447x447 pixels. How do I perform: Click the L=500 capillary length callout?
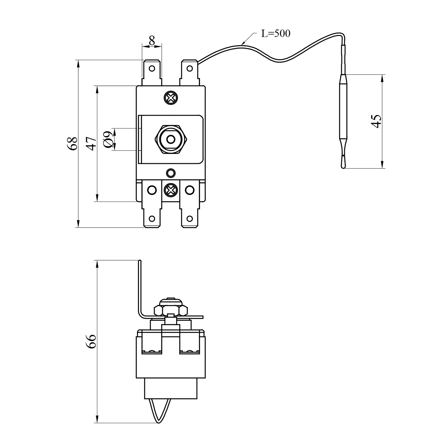point(276,33)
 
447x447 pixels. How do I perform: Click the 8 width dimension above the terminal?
point(152,41)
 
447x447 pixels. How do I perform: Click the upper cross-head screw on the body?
point(171,98)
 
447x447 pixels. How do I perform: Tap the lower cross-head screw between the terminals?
point(171,190)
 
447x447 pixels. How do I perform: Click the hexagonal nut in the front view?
point(171,139)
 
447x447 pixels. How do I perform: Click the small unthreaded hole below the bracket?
point(171,173)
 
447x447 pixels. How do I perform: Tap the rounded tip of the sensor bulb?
point(343,165)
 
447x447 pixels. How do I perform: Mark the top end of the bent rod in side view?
point(139,261)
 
